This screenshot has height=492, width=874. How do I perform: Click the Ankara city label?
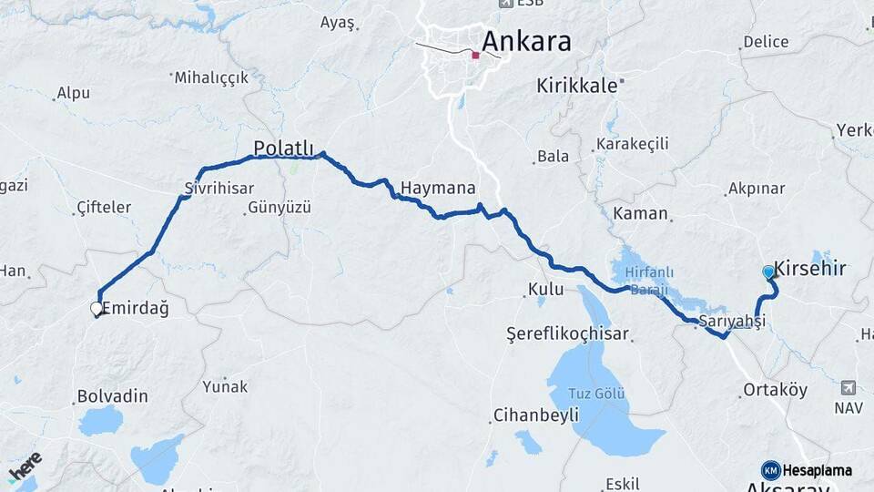click(x=526, y=41)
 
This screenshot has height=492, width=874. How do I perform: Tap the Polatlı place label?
click(x=283, y=148)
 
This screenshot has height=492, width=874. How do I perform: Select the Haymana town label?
click(x=438, y=189)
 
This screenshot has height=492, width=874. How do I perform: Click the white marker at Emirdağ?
click(x=97, y=309)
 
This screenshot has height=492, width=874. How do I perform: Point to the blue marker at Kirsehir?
click(x=768, y=272)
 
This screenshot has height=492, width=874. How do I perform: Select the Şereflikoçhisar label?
click(x=568, y=334)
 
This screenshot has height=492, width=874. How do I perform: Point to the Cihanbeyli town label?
click(x=535, y=415)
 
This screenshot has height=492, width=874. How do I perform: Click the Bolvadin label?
click(x=113, y=397)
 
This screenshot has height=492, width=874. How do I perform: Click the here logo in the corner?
click(x=25, y=467)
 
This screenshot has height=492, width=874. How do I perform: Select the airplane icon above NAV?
click(x=849, y=387)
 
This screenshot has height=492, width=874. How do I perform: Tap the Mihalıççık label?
click(x=211, y=78)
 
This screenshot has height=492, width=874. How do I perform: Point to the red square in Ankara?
click(x=475, y=56)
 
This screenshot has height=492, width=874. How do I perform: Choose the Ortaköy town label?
click(x=775, y=390)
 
